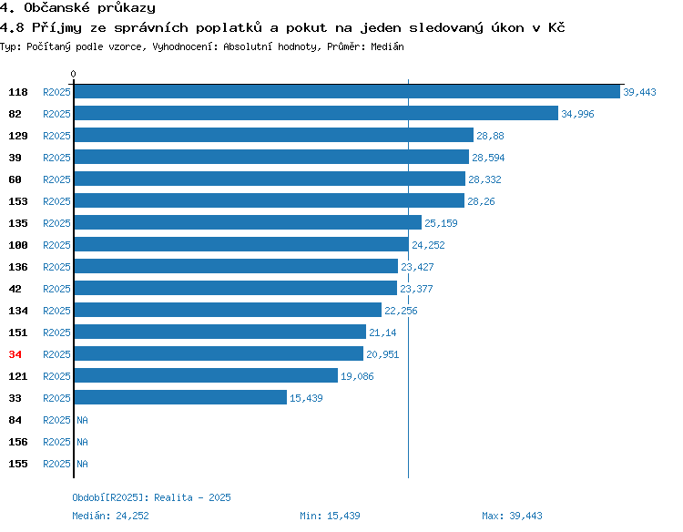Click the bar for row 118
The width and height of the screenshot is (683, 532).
[x=347, y=91]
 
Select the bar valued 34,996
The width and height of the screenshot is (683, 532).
[x=316, y=113]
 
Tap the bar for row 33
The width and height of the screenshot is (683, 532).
[x=180, y=397]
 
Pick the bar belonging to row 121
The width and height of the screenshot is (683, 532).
[x=206, y=375]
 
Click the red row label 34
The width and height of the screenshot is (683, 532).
[x=15, y=354]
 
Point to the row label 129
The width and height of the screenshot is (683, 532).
[x=18, y=136]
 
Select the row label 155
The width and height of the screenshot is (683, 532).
[x=18, y=464]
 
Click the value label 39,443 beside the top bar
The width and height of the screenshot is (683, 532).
[x=639, y=92]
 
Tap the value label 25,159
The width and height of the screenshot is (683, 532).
[x=441, y=223]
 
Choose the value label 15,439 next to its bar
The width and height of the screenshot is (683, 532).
[x=306, y=398]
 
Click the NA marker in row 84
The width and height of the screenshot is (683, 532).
[x=82, y=420]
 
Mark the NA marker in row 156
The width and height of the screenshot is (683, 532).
[x=82, y=442]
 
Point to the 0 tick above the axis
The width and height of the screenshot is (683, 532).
[x=73, y=74]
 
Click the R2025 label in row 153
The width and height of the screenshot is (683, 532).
[x=56, y=201]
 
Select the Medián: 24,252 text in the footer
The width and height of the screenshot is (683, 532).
[x=110, y=516]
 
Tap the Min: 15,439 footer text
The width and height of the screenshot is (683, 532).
[x=330, y=516]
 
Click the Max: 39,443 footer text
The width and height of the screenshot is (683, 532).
[x=512, y=516]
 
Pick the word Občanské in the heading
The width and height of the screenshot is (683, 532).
[x=56, y=8]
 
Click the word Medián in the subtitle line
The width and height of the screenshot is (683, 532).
[x=387, y=46]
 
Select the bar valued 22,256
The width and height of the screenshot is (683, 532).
[x=228, y=310]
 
